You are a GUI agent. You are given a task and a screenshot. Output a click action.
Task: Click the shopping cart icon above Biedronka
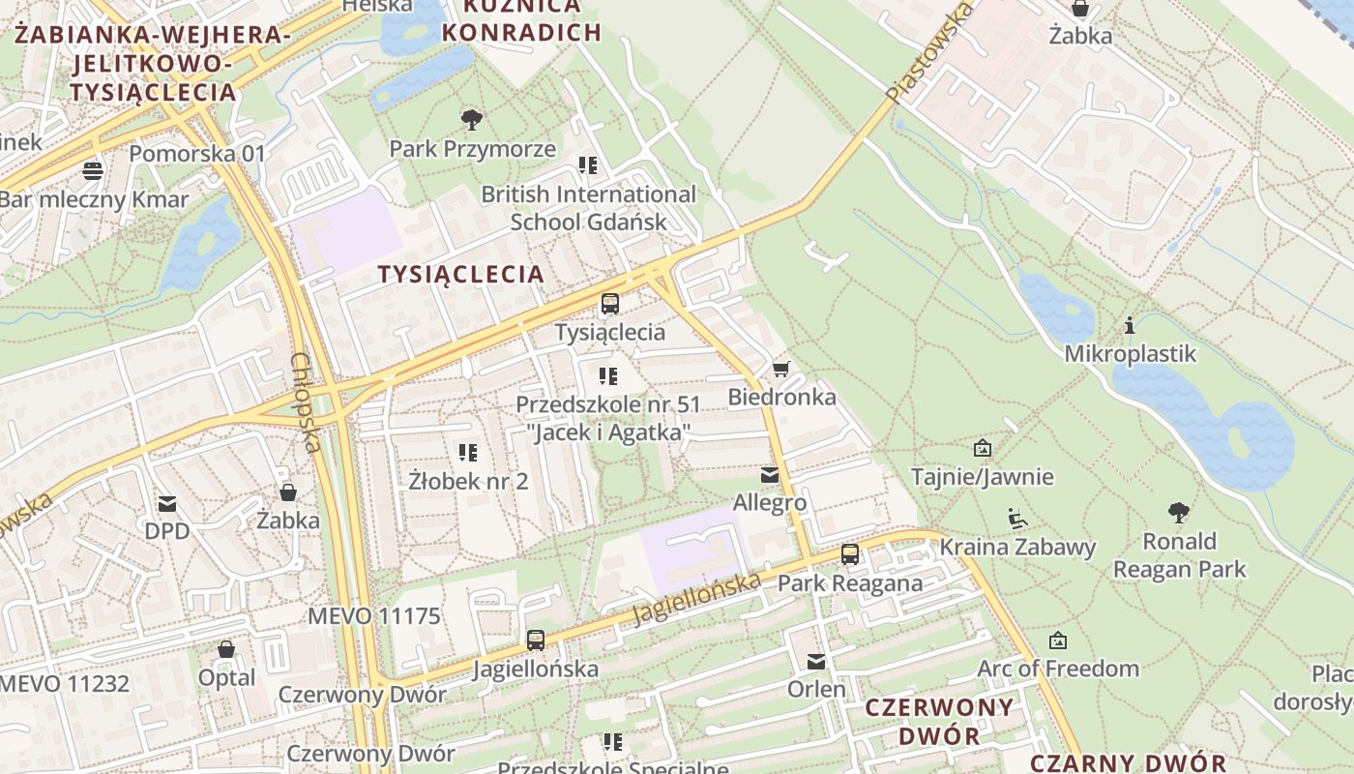click(781, 369)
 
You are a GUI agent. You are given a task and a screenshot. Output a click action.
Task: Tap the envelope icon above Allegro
click(770, 475)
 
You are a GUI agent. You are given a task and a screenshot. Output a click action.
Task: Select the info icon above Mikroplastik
click(1129, 326)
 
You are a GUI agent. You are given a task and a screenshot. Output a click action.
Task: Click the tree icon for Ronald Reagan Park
click(1178, 513)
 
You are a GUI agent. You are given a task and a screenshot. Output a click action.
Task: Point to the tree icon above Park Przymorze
click(472, 120)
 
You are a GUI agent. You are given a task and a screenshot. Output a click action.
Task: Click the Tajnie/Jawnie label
click(983, 477)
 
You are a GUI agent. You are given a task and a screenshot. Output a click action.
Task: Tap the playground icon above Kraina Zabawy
click(1016, 519)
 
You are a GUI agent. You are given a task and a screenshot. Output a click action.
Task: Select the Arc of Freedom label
click(1058, 669)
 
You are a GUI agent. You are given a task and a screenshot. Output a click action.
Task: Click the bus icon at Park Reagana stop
click(850, 554)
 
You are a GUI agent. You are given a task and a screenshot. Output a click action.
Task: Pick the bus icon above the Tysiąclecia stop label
click(609, 304)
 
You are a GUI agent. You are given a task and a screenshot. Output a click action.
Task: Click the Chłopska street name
click(305, 402)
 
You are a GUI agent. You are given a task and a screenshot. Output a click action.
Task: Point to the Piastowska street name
click(929, 53)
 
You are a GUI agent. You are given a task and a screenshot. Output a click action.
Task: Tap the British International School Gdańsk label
click(588, 208)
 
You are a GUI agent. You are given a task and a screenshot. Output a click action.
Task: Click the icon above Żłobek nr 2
click(468, 453)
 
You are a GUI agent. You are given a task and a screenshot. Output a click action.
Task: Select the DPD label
click(167, 531)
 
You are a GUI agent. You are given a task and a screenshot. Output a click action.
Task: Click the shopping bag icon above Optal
click(226, 649)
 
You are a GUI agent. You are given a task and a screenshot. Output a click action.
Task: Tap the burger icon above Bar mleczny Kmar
click(93, 171)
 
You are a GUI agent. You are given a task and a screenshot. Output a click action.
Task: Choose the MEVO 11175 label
click(373, 616)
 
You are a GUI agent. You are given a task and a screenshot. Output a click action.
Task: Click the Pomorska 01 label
click(196, 153)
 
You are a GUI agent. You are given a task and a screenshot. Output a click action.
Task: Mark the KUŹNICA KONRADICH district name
click(521, 19)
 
